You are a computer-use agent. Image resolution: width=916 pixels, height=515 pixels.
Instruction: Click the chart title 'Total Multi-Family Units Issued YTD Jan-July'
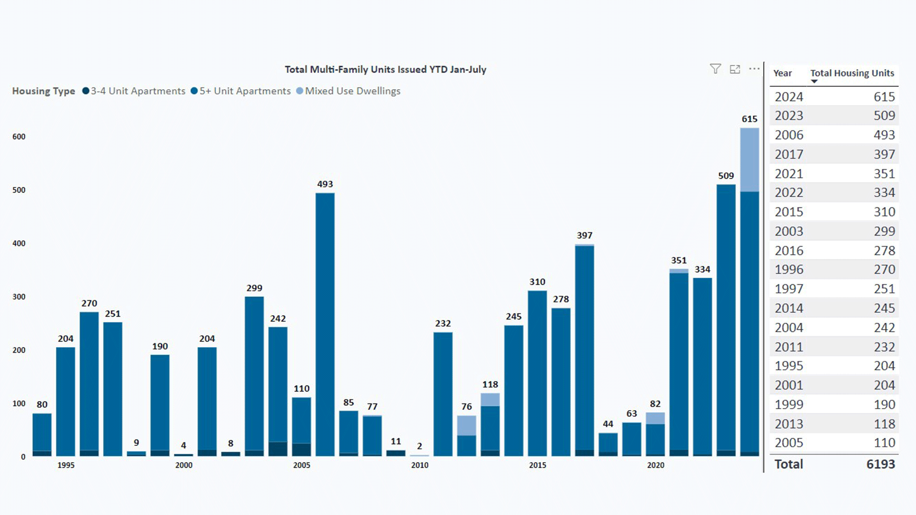(x=385, y=70)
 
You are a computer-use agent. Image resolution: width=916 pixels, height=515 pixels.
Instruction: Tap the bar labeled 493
(x=325, y=324)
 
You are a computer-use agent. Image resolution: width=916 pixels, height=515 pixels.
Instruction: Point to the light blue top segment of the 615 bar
(x=749, y=160)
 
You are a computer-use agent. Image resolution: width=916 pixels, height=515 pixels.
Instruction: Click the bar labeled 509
(x=726, y=319)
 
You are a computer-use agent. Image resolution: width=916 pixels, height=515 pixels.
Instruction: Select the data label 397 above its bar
(x=584, y=236)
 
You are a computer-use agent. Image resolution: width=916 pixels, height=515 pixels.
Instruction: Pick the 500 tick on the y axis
(x=19, y=190)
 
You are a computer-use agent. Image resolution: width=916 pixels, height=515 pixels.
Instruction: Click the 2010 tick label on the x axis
(x=419, y=465)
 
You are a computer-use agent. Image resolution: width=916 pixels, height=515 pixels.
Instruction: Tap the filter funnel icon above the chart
(x=715, y=69)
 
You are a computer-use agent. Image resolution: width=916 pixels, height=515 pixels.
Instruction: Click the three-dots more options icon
(x=754, y=69)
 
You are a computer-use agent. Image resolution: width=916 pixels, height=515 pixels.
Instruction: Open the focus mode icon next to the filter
(x=735, y=69)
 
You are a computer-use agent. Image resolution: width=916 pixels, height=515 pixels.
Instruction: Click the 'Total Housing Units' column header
(x=852, y=73)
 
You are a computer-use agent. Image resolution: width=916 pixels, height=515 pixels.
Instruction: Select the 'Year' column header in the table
(x=782, y=73)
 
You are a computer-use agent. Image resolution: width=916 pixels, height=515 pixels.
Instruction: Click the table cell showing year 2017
(x=789, y=154)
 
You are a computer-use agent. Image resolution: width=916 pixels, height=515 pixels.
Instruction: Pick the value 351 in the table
(x=884, y=174)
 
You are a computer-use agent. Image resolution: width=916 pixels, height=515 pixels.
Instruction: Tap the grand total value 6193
(x=881, y=464)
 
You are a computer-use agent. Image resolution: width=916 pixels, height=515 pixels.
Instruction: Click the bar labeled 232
(x=443, y=394)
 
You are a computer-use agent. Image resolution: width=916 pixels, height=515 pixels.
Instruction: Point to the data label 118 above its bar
(x=490, y=385)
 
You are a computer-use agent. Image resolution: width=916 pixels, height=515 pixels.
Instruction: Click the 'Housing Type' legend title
(x=43, y=91)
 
